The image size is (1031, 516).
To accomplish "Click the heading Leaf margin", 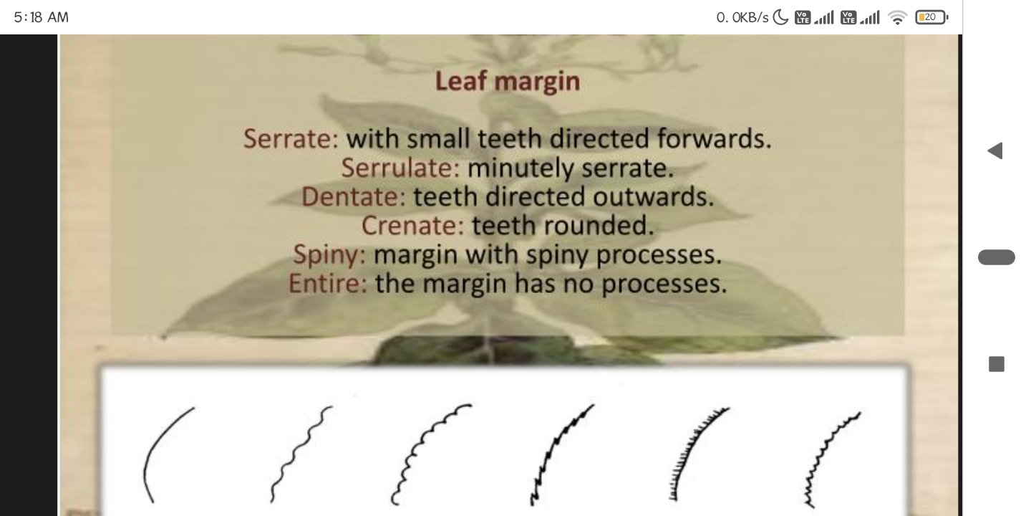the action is pyautogui.click(x=507, y=82).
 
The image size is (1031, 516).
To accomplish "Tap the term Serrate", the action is pyautogui.click(x=291, y=139).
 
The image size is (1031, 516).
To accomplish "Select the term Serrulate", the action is pyautogui.click(x=400, y=168).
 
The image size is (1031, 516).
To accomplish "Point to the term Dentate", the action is pyautogui.click(x=354, y=196).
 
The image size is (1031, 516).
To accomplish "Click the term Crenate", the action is pyautogui.click(x=412, y=226).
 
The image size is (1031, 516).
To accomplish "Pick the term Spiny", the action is pyautogui.click(x=329, y=255).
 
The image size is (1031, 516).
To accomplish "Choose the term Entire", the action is pyautogui.click(x=328, y=283).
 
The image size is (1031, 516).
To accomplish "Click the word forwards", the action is pyautogui.click(x=714, y=139).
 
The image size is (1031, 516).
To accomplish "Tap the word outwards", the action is pyautogui.click(x=653, y=196).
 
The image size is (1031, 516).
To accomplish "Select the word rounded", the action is pyautogui.click(x=599, y=226).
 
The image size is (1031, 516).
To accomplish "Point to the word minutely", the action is pyautogui.click(x=521, y=168).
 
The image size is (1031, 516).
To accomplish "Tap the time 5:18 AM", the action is pyautogui.click(x=41, y=17).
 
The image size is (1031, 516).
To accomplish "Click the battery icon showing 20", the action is pyautogui.click(x=931, y=17).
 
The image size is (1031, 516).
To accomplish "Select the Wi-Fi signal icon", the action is pyautogui.click(x=897, y=18).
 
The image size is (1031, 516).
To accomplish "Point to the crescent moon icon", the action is pyautogui.click(x=780, y=17).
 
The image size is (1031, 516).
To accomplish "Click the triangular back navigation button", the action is pyautogui.click(x=995, y=150).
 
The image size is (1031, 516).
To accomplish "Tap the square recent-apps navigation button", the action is pyautogui.click(x=997, y=364).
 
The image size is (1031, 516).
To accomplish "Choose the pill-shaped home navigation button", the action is pyautogui.click(x=997, y=257).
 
